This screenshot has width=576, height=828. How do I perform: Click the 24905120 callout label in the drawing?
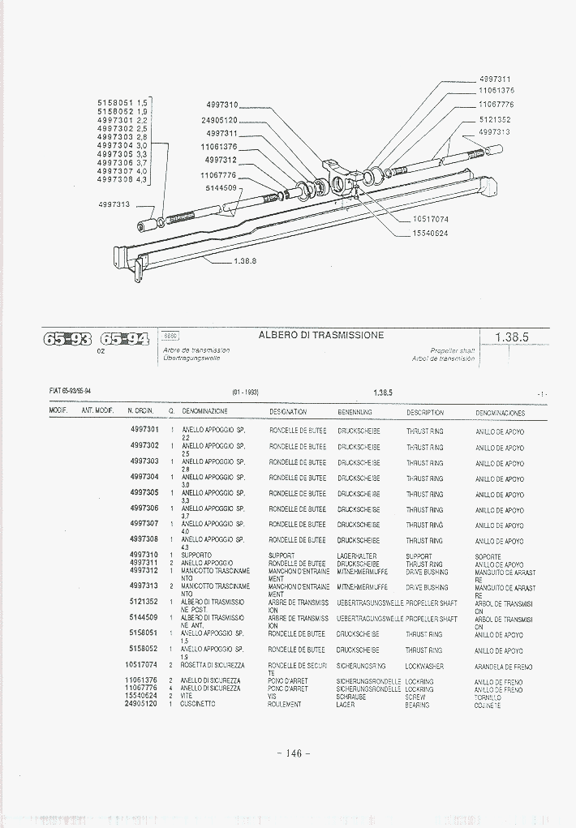[219, 120]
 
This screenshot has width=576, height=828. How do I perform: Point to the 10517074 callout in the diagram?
[430, 219]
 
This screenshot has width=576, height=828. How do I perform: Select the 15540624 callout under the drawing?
[430, 234]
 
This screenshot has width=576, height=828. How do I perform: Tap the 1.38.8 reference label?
[244, 261]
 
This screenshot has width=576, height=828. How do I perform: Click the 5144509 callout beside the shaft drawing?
[218, 188]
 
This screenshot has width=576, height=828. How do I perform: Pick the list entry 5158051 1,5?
[122, 103]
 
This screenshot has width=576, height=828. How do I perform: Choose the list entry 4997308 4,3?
[122, 179]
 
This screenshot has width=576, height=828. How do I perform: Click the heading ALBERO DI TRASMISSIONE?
[321, 335]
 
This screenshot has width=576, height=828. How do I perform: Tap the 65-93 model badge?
[68, 339]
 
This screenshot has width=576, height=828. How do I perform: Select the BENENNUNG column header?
[355, 412]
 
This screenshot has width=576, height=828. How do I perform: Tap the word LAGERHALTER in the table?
[357, 556]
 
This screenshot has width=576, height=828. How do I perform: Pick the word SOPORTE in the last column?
[489, 557]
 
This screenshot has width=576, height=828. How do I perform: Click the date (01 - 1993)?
[245, 393]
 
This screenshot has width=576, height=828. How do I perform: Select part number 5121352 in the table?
[144, 603]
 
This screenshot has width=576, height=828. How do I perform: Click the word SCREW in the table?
[415, 697]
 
